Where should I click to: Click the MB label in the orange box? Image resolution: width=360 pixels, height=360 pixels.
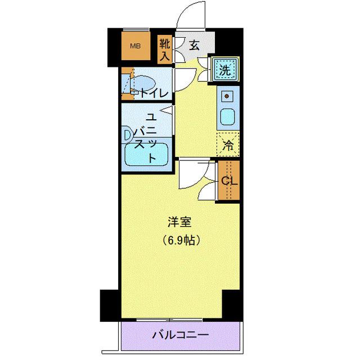coord(136,46)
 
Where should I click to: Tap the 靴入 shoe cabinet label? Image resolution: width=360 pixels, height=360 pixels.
coord(164,49)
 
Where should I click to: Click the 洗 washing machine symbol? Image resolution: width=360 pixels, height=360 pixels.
coord(224,70)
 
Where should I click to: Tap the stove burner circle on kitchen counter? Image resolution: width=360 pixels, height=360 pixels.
coord(228,96)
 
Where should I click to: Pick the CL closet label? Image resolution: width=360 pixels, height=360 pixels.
coord(229,181)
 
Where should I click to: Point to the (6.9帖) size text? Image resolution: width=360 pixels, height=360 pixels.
coord(181,240)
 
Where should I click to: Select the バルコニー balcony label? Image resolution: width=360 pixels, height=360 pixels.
coord(181,335)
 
